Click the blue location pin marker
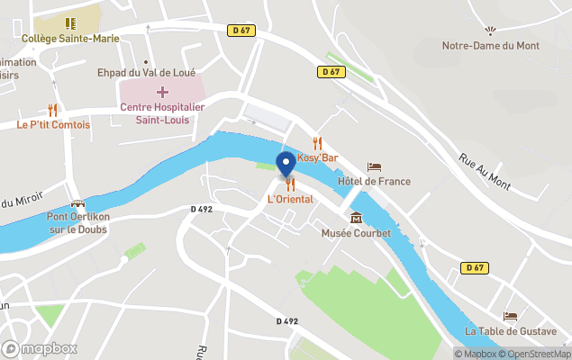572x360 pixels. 286,164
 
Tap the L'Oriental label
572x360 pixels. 290,199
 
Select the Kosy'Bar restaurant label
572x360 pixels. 317,157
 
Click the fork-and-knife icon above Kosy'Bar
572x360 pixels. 317,142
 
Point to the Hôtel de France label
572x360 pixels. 374,181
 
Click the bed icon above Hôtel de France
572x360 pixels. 374,166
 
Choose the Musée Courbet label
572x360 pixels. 356,233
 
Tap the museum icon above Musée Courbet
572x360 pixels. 356,218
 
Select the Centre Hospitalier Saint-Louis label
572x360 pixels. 163,113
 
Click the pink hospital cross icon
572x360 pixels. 163,92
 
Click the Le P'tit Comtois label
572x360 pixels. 53,124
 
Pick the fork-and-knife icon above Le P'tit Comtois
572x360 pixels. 53,110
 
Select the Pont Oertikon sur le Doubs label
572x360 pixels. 77,222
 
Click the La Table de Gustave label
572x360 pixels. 511,331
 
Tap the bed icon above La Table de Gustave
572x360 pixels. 511,317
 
